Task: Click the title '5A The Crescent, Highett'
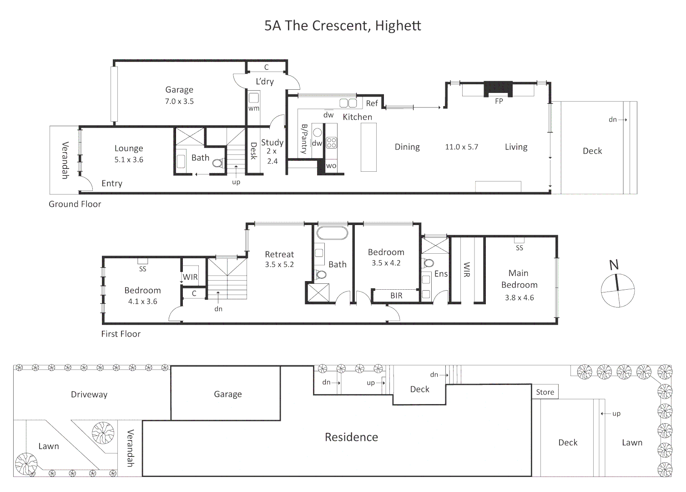pyautogui.click(x=343, y=26)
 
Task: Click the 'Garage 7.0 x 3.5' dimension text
pyautogui.click(x=179, y=101)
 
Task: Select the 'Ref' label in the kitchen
pyautogui.click(x=372, y=103)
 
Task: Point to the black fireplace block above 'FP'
pyautogui.click(x=498, y=88)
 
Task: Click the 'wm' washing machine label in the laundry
pyautogui.click(x=253, y=108)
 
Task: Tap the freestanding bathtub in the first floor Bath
pyautogui.click(x=332, y=233)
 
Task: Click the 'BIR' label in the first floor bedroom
pyautogui.click(x=396, y=296)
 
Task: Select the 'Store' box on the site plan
pyautogui.click(x=545, y=392)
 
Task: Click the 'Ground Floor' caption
pyautogui.click(x=75, y=204)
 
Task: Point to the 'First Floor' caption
pyautogui.click(x=121, y=334)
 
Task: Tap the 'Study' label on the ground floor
pyautogui.click(x=272, y=143)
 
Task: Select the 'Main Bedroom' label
pyautogui.click(x=519, y=279)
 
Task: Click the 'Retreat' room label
pyautogui.click(x=279, y=254)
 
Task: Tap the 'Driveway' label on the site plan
pyautogui.click(x=89, y=395)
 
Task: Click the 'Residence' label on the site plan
pyautogui.click(x=351, y=437)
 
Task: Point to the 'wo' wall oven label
pyautogui.click(x=331, y=166)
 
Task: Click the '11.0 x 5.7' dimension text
pyautogui.click(x=461, y=147)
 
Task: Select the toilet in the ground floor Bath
pyautogui.click(x=218, y=163)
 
